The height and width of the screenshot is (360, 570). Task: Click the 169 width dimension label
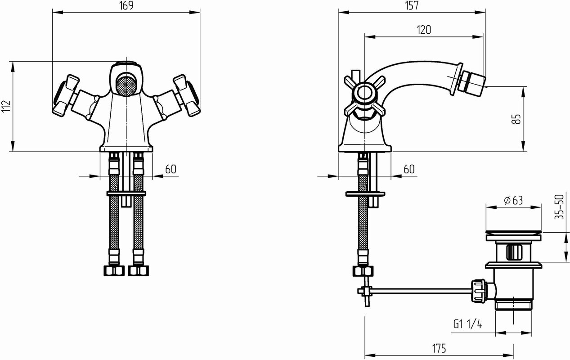tap(126, 5)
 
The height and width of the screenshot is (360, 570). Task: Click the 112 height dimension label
tap(6, 106)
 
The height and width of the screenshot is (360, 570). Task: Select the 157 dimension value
tap(412, 5)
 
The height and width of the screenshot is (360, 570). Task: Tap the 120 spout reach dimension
tap(424, 30)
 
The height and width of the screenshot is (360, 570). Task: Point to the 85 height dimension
tap(516, 119)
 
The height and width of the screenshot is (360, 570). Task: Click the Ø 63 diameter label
tap(513, 200)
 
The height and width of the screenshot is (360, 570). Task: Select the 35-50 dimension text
tap(559, 207)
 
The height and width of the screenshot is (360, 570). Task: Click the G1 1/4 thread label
tap(468, 324)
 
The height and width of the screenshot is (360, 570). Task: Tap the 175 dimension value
tap(439, 348)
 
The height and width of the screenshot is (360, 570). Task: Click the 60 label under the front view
tap(171, 169)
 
